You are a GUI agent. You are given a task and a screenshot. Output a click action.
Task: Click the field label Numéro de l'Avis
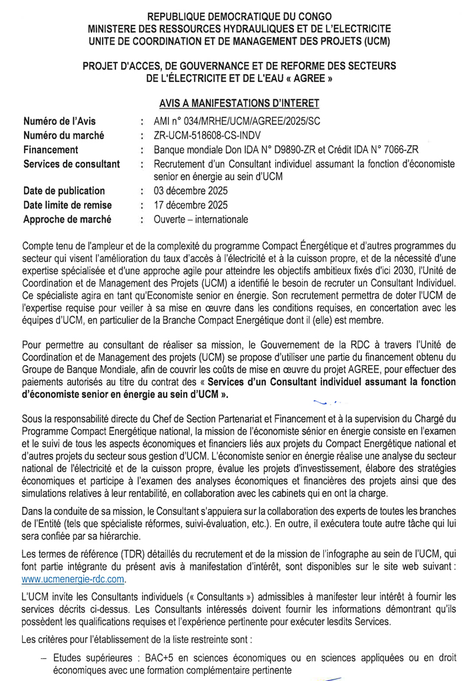[59, 121]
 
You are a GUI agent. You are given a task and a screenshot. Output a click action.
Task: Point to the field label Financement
[51, 150]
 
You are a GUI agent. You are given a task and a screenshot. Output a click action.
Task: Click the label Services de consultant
[71, 164]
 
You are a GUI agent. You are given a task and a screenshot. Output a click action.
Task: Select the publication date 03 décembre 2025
[191, 191]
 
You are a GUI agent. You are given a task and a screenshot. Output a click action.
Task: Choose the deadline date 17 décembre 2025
[191, 205]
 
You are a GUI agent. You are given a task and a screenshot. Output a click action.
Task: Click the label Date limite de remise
[67, 205]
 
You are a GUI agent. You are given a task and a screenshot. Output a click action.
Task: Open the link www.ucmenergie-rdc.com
[73, 579]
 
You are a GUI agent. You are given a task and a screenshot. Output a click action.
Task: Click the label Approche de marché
[67, 219]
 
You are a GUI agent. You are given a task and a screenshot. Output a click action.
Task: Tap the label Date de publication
[64, 191]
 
